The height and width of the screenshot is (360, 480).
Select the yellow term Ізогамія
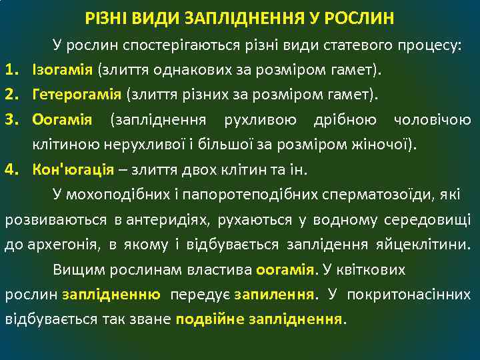pos(61,69)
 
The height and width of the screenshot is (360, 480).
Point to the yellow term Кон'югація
pos(73,167)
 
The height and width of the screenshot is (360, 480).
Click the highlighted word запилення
pos(273,294)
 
